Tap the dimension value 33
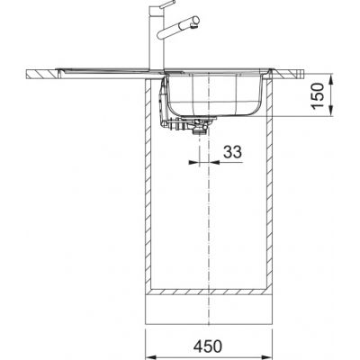tap(232, 154)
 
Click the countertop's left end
tap(29, 71)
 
